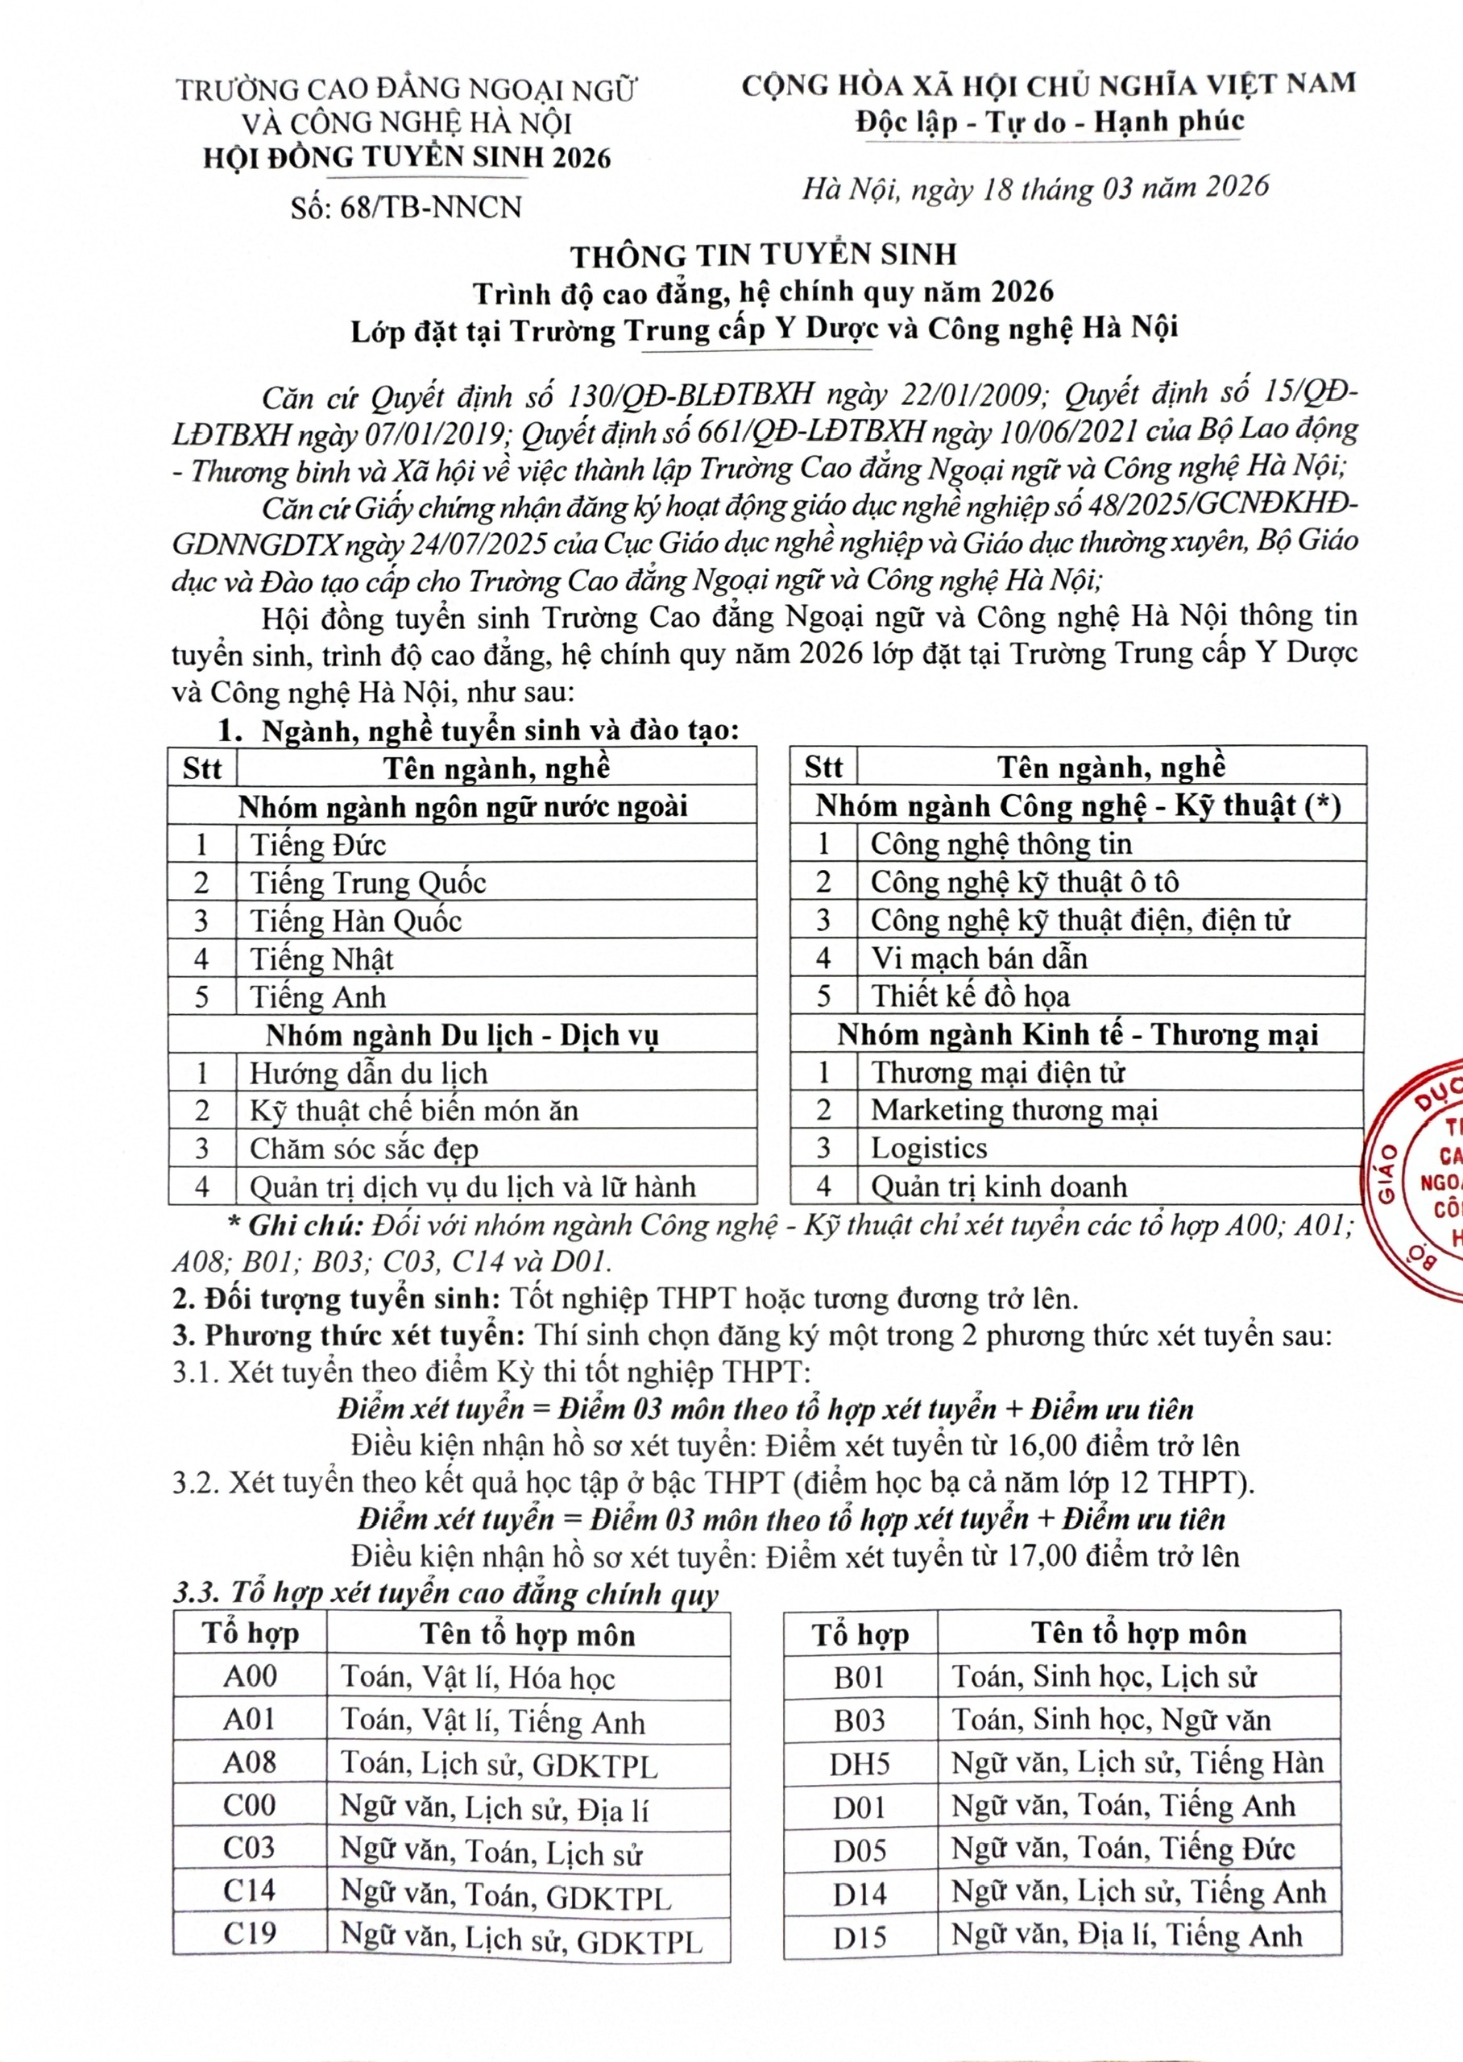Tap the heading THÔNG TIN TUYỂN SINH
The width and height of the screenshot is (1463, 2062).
pyautogui.click(x=763, y=255)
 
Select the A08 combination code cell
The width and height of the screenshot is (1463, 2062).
pyautogui.click(x=250, y=1762)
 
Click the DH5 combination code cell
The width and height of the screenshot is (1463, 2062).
pyautogui.click(x=860, y=1763)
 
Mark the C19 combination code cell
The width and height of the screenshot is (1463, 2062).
pyautogui.click(x=250, y=1933)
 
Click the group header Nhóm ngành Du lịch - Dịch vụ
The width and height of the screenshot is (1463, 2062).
pyautogui.click(x=462, y=1036)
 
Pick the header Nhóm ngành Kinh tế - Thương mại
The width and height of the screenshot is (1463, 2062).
pyautogui.click(x=1077, y=1034)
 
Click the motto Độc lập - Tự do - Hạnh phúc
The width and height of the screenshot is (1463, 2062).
pyautogui.click(x=1050, y=122)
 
